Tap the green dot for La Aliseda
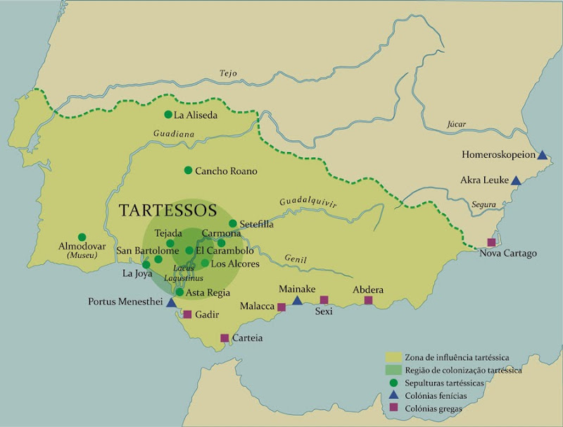pyautogui.click(x=168, y=114)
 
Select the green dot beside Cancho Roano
pyautogui.click(x=188, y=170)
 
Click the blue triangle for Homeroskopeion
pyautogui.click(x=542, y=154)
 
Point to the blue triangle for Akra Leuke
pyautogui.click(x=515, y=180)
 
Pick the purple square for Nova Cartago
pyautogui.click(x=491, y=242)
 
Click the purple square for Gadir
pyautogui.click(x=187, y=314)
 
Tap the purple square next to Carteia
pyautogui.click(x=224, y=338)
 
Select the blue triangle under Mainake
pyautogui.click(x=297, y=301)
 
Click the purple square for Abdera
pyautogui.click(x=368, y=300)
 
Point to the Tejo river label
pyautogui.click(x=227, y=73)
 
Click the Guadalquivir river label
pyautogui.click(x=308, y=202)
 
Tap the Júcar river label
pyautogui.click(x=456, y=124)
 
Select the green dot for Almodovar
pyautogui.click(x=82, y=237)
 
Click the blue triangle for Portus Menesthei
pyautogui.click(x=170, y=302)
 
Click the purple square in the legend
pyautogui.click(x=393, y=407)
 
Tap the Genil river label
pyautogui.click(x=296, y=259)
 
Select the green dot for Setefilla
pyautogui.click(x=233, y=223)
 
